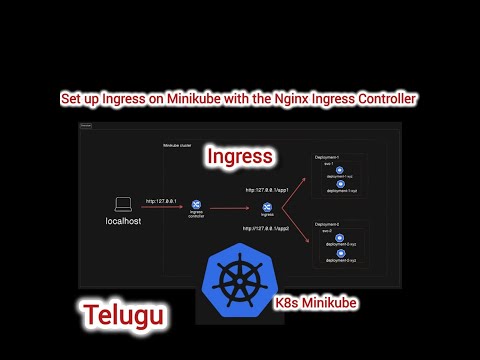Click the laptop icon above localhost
[x=124, y=204]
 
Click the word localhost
[x=123, y=221]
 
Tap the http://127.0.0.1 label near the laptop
[x=161, y=200]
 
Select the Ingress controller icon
[x=196, y=205]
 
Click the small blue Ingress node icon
[x=267, y=206]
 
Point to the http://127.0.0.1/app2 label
[x=267, y=228]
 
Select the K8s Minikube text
[x=316, y=300]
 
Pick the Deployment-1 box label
[x=328, y=156]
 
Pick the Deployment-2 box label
[x=328, y=224]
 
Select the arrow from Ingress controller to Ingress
[x=232, y=208]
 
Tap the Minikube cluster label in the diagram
[x=178, y=146]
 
